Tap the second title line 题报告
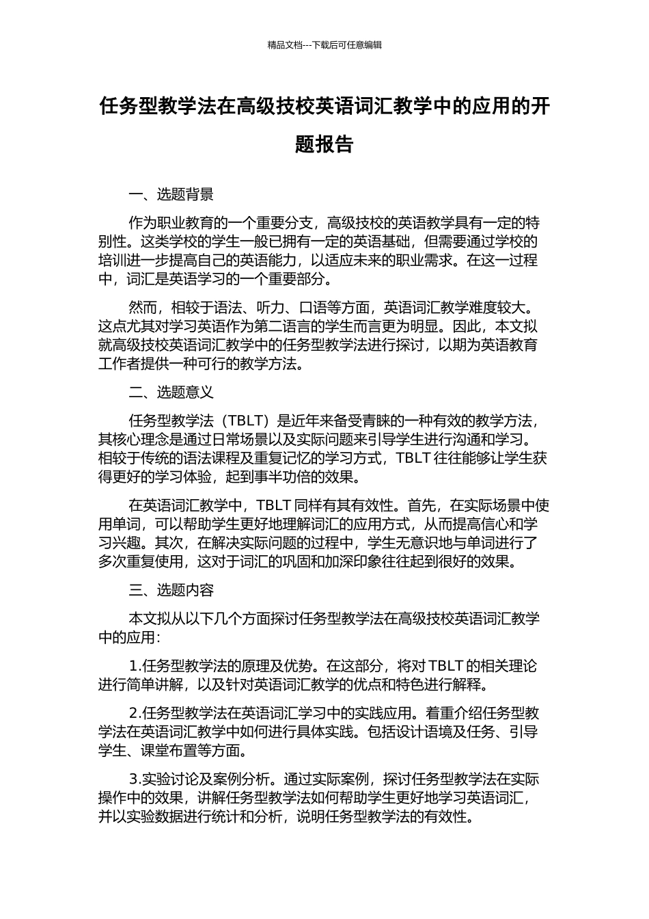324,144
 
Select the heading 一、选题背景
171,195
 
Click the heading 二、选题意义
171,392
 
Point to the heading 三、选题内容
171,590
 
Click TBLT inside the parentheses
242,421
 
